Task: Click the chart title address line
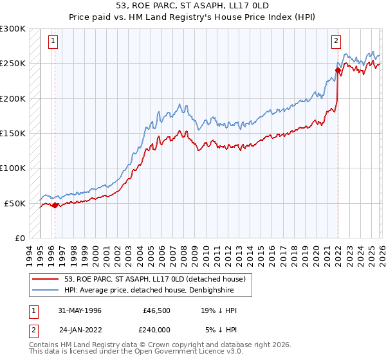coord(193,6)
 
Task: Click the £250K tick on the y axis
coord(13,64)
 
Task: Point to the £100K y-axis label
coord(13,168)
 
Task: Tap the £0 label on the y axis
coord(19,238)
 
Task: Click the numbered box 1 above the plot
coord(52,41)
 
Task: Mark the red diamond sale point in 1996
coord(55,206)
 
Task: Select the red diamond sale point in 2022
coord(338,70)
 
